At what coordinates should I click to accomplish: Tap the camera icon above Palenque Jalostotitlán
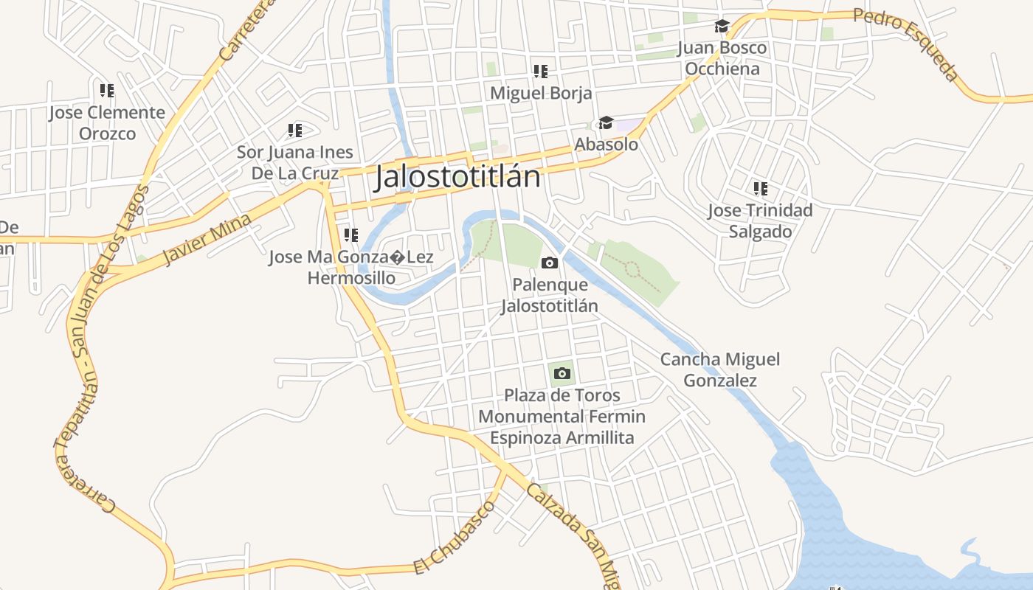(x=549, y=263)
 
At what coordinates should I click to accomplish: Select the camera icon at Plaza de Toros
(x=562, y=373)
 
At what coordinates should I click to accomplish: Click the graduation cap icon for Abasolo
(x=606, y=122)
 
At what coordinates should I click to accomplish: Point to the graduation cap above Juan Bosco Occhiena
(x=722, y=27)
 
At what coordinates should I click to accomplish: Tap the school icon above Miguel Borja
(x=541, y=72)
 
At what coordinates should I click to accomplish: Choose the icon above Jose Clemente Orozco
(x=107, y=91)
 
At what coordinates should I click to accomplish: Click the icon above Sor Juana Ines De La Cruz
(x=295, y=131)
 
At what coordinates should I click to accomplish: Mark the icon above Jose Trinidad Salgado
(x=760, y=189)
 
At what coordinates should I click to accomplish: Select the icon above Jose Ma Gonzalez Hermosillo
(x=351, y=235)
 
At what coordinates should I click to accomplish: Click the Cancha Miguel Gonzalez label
(x=719, y=369)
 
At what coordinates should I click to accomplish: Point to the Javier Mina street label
(x=207, y=240)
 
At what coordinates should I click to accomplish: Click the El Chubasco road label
(x=454, y=536)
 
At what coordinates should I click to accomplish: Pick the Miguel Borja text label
(x=541, y=94)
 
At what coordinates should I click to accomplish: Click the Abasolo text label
(x=606, y=145)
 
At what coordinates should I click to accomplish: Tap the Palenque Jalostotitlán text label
(x=549, y=295)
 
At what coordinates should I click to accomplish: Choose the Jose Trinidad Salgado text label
(x=760, y=221)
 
